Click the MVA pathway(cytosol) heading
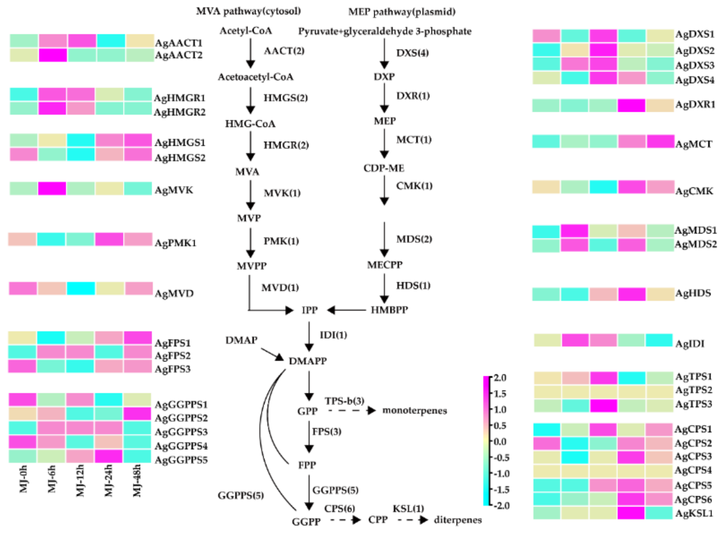pyautogui.click(x=248, y=11)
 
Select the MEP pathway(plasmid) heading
pyautogui.click(x=402, y=12)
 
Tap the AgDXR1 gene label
pyautogui.click(x=695, y=105)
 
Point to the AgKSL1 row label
pyautogui.click(x=694, y=513)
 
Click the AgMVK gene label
pyautogui.click(x=174, y=190)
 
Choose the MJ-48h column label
pyautogui.click(x=137, y=481)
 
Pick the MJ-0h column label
pyautogui.click(x=23, y=479)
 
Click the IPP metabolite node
pyautogui.click(x=309, y=310)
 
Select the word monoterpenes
pyautogui.click(x=414, y=411)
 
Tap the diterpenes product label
pyautogui.click(x=458, y=520)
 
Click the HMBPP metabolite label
pyautogui.click(x=389, y=310)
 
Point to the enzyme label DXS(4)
pyautogui.click(x=412, y=53)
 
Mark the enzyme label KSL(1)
pyautogui.click(x=408, y=508)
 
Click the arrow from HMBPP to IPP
pyautogui.click(x=346, y=310)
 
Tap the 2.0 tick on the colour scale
pyautogui.click(x=500, y=378)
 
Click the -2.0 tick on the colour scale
pyautogui.click(x=500, y=505)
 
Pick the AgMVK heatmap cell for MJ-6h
pyautogui.click(x=52, y=189)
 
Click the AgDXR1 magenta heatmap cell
pyautogui.click(x=631, y=106)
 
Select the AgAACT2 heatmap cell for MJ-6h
pyautogui.click(x=53, y=55)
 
